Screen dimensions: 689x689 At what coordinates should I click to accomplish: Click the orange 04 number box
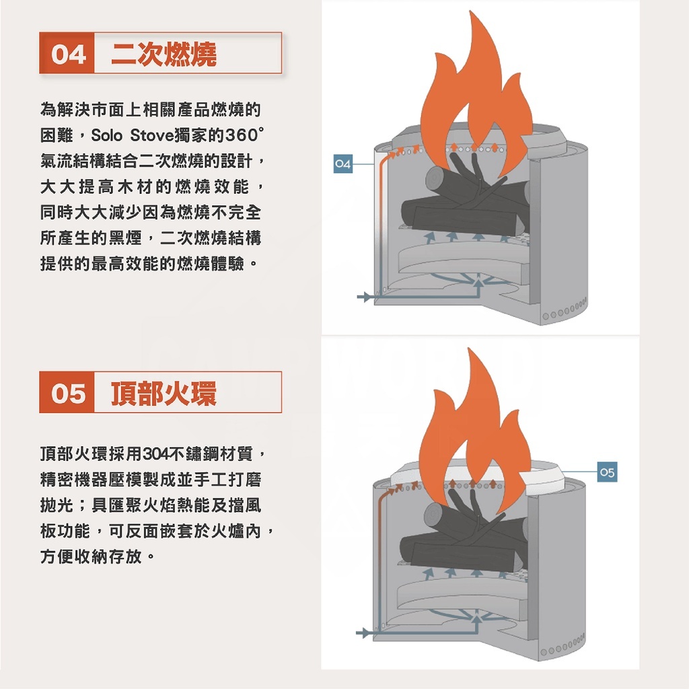click(x=68, y=53)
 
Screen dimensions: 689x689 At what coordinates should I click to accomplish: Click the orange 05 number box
click(x=68, y=392)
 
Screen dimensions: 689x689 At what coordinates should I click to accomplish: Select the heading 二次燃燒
click(x=164, y=53)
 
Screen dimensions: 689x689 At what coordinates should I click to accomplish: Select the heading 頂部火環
click(x=164, y=392)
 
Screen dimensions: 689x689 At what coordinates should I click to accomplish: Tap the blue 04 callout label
click(x=343, y=164)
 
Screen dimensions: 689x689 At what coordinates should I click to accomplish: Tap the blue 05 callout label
click(x=607, y=473)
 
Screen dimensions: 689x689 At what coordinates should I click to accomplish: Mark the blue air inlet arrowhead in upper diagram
click(x=368, y=297)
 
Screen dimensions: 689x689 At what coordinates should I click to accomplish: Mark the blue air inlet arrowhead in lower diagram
click(x=368, y=633)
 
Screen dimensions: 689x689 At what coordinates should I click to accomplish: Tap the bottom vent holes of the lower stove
click(x=569, y=649)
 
